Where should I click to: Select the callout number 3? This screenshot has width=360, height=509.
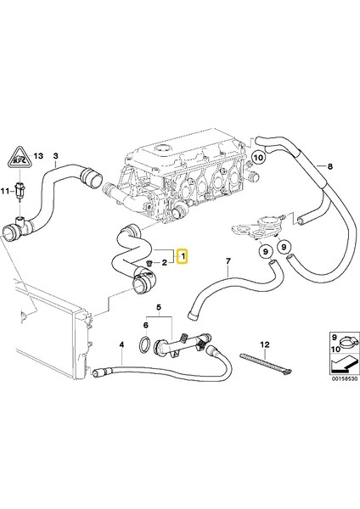56,155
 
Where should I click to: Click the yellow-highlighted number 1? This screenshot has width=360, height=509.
182,255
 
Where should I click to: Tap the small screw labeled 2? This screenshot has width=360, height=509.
149,265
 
